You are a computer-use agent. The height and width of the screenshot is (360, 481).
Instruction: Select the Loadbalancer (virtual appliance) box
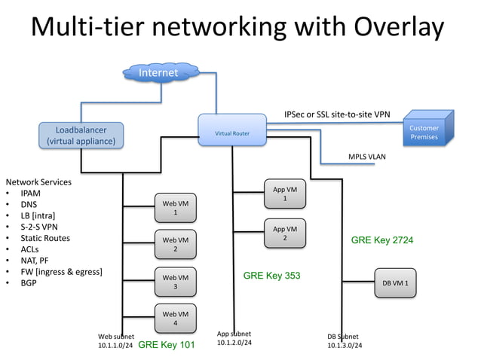pyautogui.click(x=81, y=136)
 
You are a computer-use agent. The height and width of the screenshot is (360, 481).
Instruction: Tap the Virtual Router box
pyautogui.click(x=231, y=133)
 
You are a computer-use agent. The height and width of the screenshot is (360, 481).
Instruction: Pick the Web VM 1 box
pyautogui.click(x=175, y=208)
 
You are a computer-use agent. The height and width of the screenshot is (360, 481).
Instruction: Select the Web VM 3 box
pyautogui.click(x=175, y=282)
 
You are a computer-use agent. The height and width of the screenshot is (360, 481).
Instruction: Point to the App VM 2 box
pyautogui.click(x=285, y=233)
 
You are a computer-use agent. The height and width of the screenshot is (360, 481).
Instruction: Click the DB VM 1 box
pyautogui.click(x=395, y=283)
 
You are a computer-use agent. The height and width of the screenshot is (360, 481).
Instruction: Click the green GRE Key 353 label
pyautogui.click(x=271, y=276)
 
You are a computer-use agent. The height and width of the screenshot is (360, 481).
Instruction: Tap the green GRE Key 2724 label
pyautogui.click(x=381, y=240)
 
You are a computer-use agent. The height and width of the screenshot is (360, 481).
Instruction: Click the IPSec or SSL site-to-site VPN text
pyautogui.click(x=337, y=114)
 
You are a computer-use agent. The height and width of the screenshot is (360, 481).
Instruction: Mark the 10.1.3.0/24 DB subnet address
pyautogui.click(x=345, y=346)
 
